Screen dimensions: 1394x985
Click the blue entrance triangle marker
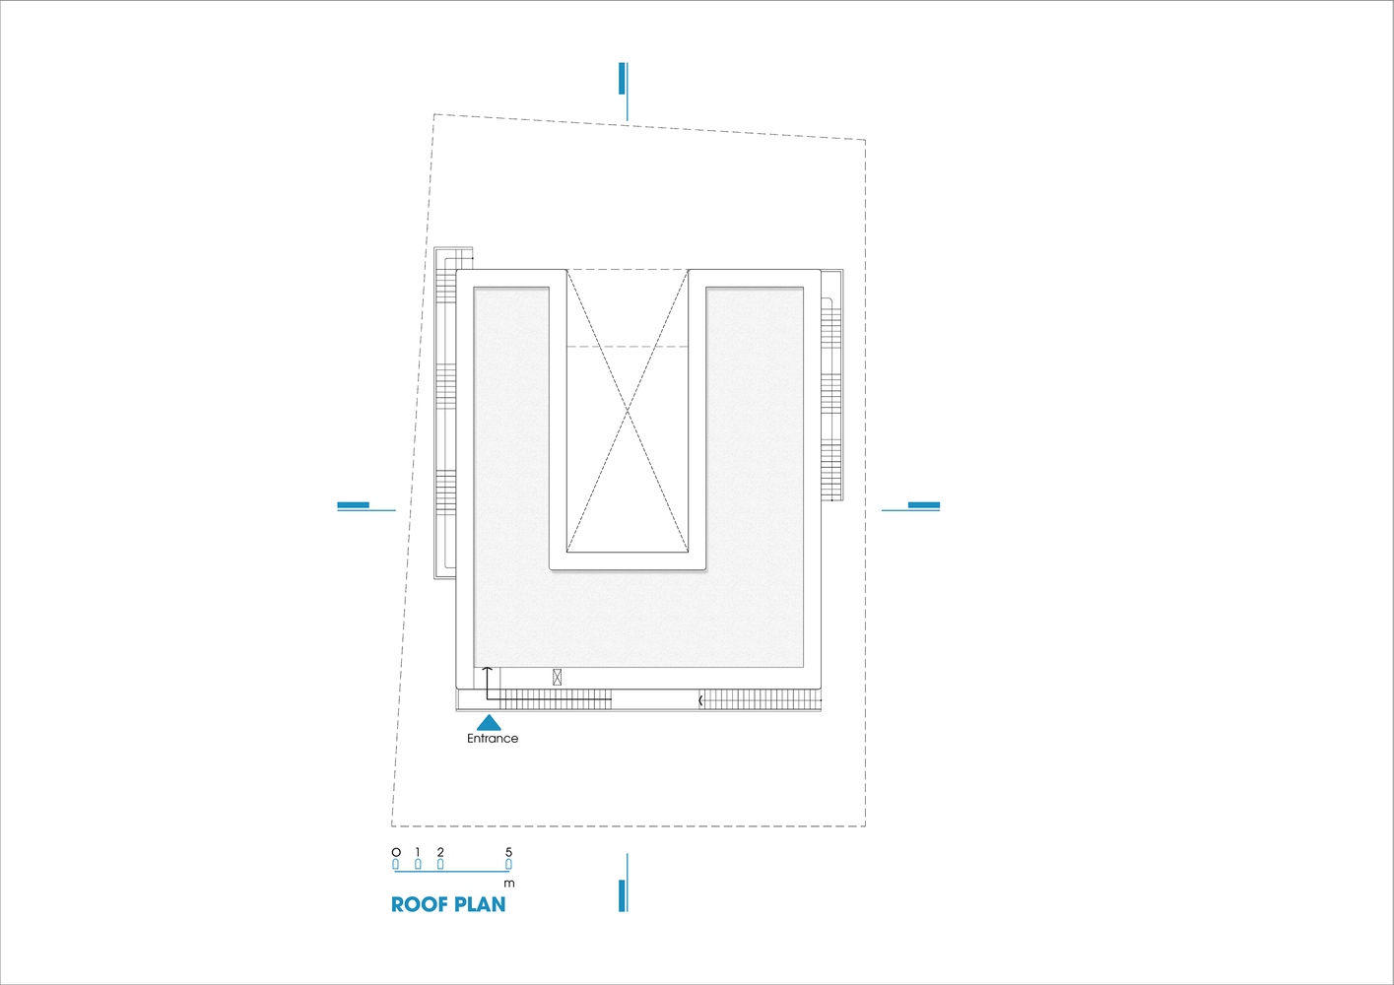coord(489,722)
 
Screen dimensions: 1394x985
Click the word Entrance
coord(493,739)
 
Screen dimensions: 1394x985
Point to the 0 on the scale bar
coord(396,852)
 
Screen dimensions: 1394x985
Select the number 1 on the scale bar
coord(418,852)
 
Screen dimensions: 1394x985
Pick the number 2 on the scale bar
coord(440,852)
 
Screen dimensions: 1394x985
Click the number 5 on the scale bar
coord(508,852)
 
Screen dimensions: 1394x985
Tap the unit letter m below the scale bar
coord(509,884)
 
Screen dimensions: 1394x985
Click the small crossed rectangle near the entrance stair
coord(557,677)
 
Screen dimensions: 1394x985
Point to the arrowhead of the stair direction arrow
coord(488,669)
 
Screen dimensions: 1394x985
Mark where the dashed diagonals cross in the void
coord(628,411)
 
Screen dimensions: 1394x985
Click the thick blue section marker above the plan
coord(622,79)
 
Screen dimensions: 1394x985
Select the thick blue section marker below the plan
coord(622,896)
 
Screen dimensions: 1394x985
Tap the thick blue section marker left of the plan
coord(353,504)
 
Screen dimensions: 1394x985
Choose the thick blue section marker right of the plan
coord(924,504)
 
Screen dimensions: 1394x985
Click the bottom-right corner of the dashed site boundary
coord(865,826)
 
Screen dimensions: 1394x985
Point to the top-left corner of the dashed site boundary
coord(433,114)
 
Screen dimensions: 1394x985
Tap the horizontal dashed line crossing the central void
coord(628,347)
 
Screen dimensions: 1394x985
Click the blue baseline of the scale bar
coord(452,872)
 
